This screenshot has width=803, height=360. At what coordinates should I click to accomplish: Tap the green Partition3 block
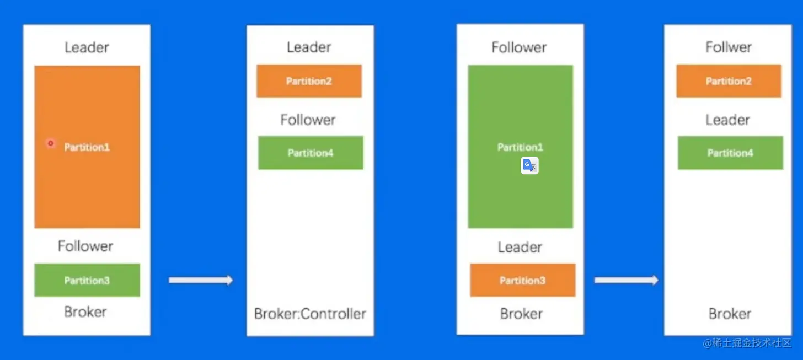pos(87,280)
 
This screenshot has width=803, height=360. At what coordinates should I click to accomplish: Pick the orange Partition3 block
pos(522,280)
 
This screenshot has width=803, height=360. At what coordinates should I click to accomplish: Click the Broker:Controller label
pos(310,314)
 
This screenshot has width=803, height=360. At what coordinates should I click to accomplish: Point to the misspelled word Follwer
pos(729,47)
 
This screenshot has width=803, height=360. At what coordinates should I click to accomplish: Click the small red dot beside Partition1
pos(51,143)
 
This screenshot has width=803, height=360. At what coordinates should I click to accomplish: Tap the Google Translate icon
pos(529,165)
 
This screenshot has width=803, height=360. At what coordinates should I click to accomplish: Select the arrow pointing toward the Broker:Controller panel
pos(201,280)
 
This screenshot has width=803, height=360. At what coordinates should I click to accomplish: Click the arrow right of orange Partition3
pos(627,280)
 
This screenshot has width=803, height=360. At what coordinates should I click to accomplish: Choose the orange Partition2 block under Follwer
pos(729,81)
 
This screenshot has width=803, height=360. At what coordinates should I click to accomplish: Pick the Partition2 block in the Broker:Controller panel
pos(309,81)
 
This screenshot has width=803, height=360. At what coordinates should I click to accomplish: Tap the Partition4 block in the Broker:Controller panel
pos(311,153)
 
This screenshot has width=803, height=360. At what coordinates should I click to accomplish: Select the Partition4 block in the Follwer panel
pos(730,153)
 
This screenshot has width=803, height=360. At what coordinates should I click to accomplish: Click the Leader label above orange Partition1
pos(87,47)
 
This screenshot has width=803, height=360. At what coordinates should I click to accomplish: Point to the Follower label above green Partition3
pos(85,246)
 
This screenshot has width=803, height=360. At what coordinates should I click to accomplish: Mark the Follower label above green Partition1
pos(519,47)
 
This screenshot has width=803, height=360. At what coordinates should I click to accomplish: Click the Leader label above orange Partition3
pos(520,247)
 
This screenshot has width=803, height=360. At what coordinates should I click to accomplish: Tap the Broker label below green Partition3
pos(85,311)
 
